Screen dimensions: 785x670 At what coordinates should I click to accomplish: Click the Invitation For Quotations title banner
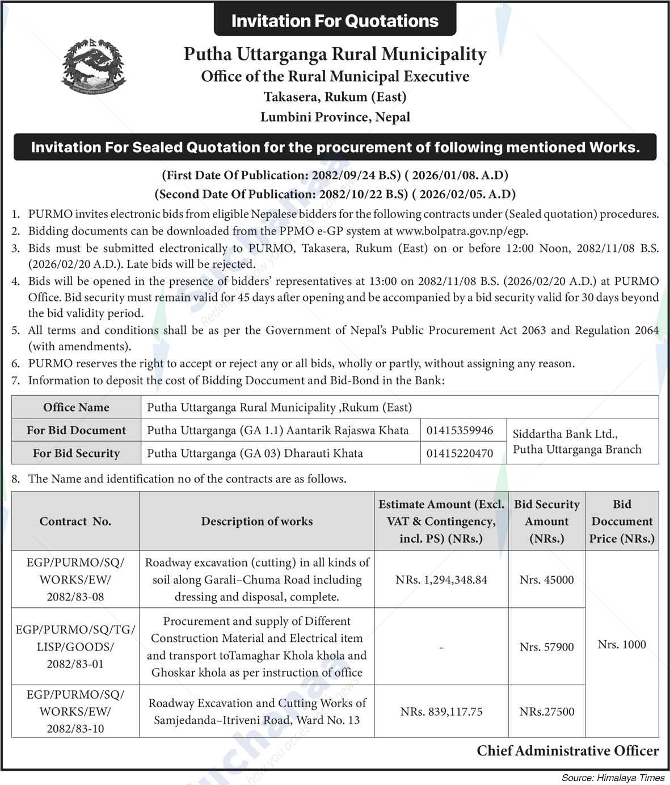335,21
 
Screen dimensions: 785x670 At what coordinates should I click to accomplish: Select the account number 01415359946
460,430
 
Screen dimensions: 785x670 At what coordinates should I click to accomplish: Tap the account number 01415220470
460,453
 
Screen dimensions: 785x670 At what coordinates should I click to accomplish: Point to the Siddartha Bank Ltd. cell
577,442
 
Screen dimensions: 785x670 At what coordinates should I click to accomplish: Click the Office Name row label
76,407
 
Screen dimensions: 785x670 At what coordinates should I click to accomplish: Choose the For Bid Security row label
76,453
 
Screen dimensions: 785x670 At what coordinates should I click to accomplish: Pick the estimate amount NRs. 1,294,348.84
441,580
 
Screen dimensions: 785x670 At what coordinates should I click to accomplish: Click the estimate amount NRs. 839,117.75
441,711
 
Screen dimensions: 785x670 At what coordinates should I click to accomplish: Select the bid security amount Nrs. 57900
546,647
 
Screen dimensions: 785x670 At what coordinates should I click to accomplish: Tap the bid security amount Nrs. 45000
546,580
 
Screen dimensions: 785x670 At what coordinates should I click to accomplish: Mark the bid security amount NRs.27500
546,711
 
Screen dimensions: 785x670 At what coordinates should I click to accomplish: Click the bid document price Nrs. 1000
622,644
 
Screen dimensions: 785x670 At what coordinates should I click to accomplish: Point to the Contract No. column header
75,521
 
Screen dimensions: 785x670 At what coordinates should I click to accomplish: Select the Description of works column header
256,521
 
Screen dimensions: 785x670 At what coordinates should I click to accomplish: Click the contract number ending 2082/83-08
75,580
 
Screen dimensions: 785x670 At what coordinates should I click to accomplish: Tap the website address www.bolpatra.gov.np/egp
462,231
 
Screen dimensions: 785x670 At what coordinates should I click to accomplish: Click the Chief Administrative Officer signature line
567,751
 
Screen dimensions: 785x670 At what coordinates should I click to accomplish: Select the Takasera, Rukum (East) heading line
335,96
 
